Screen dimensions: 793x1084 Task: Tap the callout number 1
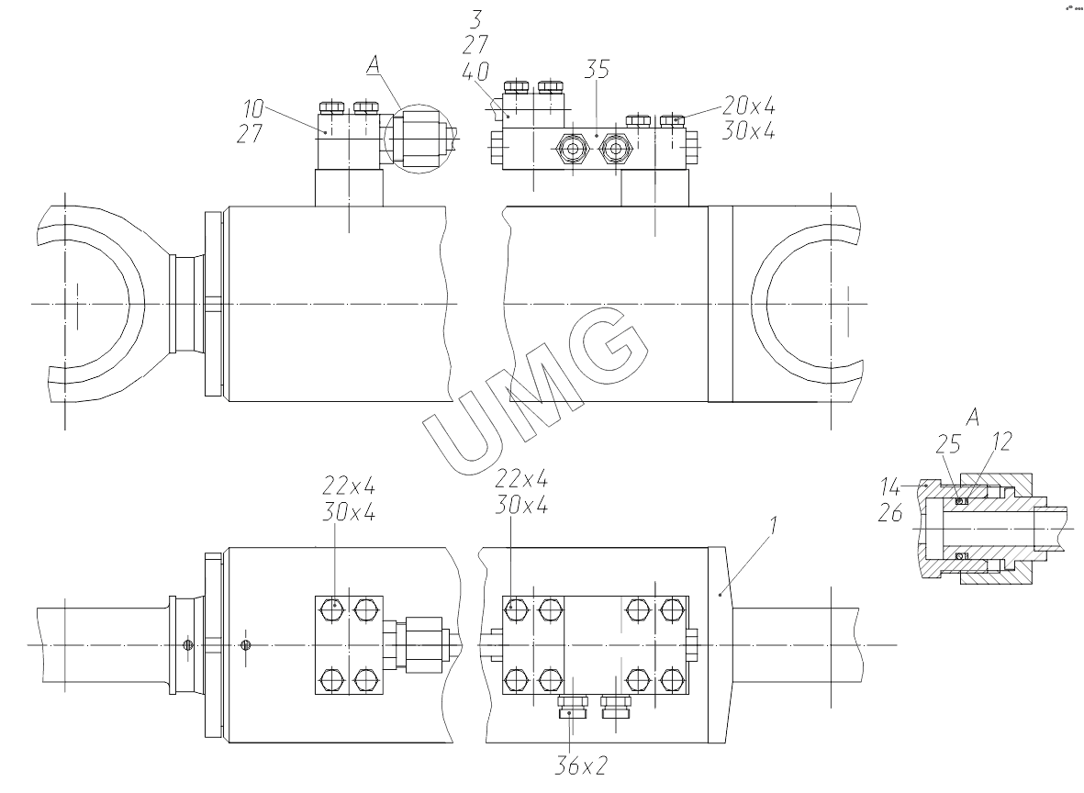coord(774,527)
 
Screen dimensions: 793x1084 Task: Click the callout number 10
coord(253,109)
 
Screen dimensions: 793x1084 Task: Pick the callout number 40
coord(476,73)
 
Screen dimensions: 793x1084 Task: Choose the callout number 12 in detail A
coord(1001,442)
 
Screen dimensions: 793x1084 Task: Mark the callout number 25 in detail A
coord(948,445)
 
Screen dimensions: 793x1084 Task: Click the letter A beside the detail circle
coord(374,64)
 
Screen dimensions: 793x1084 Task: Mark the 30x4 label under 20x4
coord(748,131)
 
